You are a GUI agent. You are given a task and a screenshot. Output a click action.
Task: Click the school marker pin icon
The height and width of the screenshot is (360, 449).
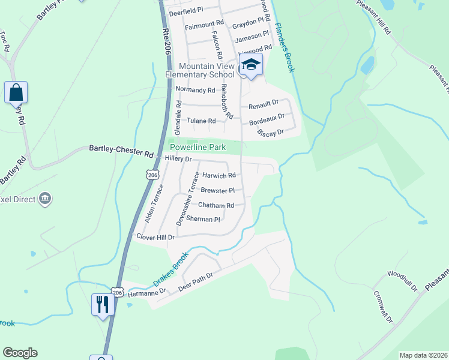click(252, 65)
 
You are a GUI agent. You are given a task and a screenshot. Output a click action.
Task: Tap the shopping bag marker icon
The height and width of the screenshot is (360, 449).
click(16, 94)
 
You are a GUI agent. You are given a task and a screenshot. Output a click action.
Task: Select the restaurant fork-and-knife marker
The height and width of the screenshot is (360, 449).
click(102, 304)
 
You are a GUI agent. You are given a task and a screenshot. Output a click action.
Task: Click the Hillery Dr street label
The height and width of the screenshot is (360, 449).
click(177, 160)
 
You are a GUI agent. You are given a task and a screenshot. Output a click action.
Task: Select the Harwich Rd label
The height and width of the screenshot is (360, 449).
click(219, 176)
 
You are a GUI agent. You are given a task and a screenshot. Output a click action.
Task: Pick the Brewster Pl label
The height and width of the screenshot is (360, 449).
click(217, 191)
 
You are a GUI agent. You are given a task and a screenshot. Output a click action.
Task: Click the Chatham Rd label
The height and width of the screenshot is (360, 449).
click(217, 205)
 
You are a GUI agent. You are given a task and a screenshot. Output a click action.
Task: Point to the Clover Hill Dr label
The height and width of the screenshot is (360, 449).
click(155, 238)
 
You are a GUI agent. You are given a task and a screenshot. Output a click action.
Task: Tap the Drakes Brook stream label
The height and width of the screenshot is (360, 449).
click(170, 268)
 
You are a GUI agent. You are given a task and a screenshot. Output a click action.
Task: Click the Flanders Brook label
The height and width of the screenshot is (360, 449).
click(285, 47)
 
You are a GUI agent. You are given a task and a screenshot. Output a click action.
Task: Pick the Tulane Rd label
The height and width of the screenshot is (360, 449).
click(201, 121)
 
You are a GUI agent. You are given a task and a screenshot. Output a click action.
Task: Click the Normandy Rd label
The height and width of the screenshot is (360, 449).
click(195, 91)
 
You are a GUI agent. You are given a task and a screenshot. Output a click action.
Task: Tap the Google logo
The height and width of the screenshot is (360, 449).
click(20, 353)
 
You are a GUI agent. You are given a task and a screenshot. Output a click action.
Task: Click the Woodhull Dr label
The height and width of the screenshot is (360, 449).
click(402, 281)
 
